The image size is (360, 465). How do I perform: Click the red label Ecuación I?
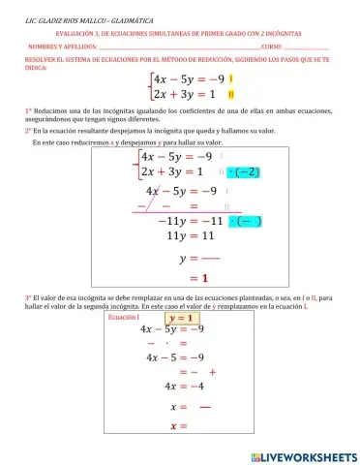point(125,318)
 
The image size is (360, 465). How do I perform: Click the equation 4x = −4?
point(176,386)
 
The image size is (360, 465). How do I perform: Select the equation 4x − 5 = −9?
point(176,356)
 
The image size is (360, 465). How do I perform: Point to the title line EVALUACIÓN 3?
point(180,32)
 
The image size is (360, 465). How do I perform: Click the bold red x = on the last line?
point(178,423)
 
